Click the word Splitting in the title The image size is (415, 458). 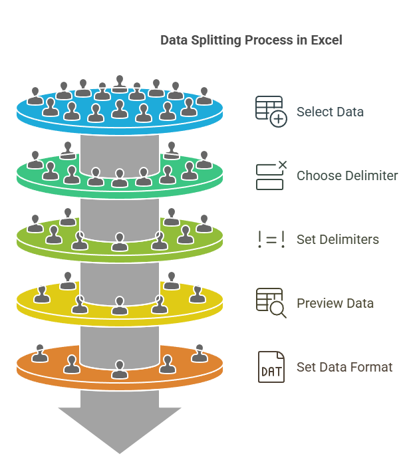215,41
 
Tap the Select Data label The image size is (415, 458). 330,112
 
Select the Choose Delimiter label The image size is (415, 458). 347,176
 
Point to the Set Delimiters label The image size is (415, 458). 338,239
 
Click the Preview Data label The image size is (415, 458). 335,303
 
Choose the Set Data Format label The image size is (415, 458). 345,367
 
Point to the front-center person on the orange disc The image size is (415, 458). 120,369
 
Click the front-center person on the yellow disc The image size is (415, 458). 120,306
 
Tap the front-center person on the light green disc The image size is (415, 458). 120,242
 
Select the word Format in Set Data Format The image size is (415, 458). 372,367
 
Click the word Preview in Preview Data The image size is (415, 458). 318,303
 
